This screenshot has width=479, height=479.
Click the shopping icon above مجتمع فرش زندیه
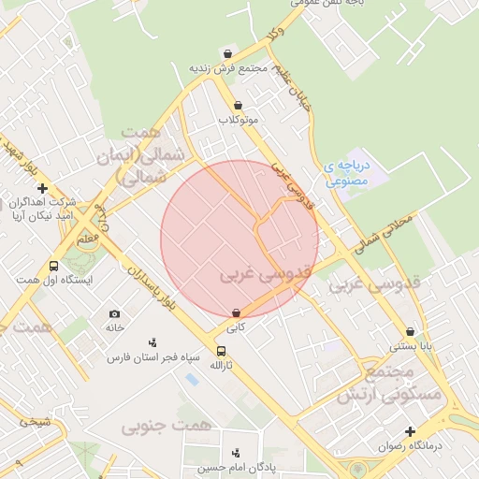[x=228, y=53]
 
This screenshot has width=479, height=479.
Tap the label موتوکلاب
[x=238, y=121]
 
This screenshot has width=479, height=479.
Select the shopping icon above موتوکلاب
[x=238, y=106]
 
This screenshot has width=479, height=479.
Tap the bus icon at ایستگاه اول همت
[x=53, y=266]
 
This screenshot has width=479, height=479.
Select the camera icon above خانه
[x=114, y=313]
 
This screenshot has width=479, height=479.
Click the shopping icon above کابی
[x=235, y=313]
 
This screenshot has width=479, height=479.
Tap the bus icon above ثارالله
[x=221, y=351]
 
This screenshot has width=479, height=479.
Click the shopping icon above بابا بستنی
[x=411, y=331]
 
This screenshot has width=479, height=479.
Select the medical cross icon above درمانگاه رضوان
[x=411, y=431]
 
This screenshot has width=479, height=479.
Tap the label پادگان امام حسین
[x=235, y=468]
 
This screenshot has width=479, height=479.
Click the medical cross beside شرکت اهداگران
[x=42, y=189]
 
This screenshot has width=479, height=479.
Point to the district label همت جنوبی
[x=167, y=426]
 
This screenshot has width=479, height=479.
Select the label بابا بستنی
[x=411, y=346]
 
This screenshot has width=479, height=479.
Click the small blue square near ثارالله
[x=192, y=379]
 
